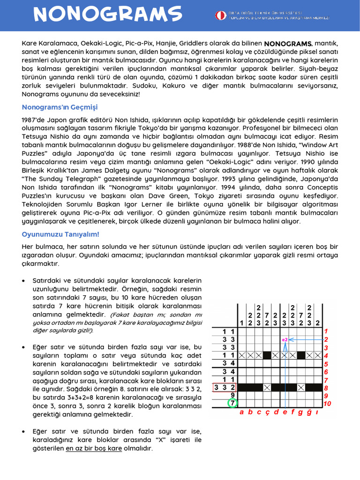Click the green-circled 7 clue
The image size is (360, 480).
(x=232, y=403)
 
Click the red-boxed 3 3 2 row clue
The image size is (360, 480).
(x=225, y=387)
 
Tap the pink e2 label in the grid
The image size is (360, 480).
(x=285, y=339)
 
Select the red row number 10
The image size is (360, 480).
(x=326, y=403)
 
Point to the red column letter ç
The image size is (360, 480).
(x=267, y=412)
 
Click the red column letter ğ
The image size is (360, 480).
(x=310, y=412)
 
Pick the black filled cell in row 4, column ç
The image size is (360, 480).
(x=267, y=355)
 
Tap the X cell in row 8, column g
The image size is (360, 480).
(x=301, y=387)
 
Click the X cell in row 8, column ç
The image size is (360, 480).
(x=267, y=387)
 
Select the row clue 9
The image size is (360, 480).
(x=232, y=395)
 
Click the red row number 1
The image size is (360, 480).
(x=326, y=331)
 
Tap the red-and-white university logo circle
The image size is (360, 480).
(x=220, y=15)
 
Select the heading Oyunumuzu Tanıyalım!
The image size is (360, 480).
(x=60, y=234)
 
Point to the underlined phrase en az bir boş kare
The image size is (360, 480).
(x=94, y=449)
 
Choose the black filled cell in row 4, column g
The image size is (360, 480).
(x=301, y=355)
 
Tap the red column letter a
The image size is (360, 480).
(x=241, y=412)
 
